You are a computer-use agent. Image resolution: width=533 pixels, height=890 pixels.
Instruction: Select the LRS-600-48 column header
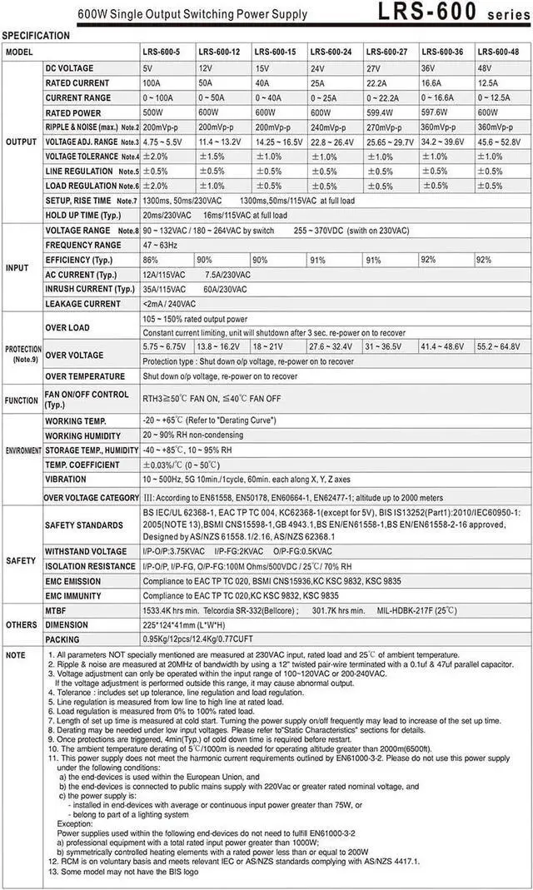[x=497, y=52]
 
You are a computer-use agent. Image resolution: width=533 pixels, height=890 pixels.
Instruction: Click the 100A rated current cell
[x=152, y=83]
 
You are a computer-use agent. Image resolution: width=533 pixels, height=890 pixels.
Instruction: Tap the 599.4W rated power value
[x=381, y=113]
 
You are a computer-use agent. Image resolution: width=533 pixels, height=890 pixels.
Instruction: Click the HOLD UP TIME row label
[x=83, y=215]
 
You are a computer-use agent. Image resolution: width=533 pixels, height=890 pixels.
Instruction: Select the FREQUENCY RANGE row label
[x=83, y=246]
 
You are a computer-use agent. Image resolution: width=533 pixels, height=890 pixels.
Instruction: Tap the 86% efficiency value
[x=151, y=261]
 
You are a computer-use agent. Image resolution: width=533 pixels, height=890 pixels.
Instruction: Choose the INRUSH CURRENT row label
[x=90, y=289]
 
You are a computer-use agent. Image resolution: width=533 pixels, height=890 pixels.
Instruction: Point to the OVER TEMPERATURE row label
[x=85, y=376]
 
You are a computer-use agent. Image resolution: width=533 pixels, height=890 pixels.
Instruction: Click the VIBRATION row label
[x=66, y=480]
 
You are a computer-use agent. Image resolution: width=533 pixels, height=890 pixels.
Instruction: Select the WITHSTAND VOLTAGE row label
[x=86, y=551]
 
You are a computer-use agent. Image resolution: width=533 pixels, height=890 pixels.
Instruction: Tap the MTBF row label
[x=57, y=610]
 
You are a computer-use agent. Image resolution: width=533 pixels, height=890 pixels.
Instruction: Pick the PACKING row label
[x=63, y=639]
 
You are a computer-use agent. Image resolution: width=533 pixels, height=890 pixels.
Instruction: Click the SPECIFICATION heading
[x=36, y=36]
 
